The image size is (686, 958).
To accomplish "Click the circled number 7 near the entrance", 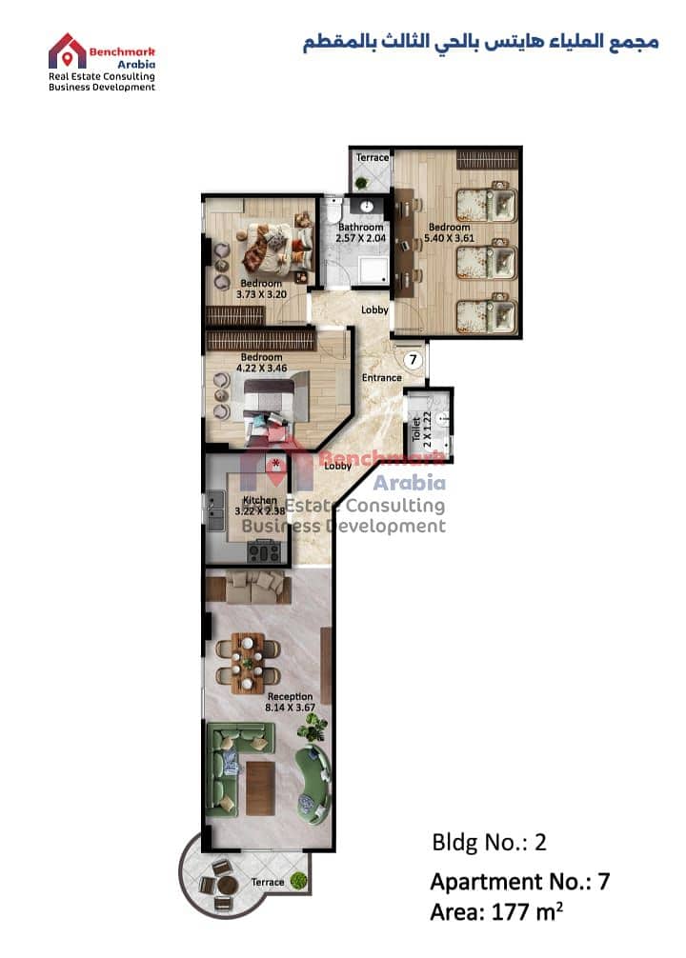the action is click(x=413, y=359).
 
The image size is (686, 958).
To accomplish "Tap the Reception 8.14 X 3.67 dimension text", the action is click(x=290, y=702).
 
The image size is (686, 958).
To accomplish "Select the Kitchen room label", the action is click(x=260, y=500).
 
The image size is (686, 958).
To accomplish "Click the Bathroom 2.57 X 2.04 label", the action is click(x=361, y=232).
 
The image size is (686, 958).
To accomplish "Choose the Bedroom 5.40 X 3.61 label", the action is click(x=450, y=232).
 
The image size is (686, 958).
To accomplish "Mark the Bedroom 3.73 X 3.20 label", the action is click(x=261, y=289).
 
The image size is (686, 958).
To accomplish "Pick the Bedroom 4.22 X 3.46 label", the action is click(x=262, y=362).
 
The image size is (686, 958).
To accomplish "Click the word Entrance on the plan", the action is click(x=381, y=377).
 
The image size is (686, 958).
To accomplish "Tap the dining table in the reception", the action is click(x=249, y=663).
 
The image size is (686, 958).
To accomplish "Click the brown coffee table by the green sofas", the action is click(x=260, y=788).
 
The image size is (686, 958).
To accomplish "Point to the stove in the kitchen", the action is click(x=264, y=551).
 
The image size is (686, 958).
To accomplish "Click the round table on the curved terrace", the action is click(x=227, y=885).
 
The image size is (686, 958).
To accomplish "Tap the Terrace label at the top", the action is click(x=373, y=158).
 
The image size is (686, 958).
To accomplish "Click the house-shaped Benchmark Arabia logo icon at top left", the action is click(x=67, y=50).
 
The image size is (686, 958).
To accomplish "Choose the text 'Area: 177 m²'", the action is click(x=496, y=911).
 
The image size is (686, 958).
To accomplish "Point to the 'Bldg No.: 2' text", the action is click(x=489, y=842).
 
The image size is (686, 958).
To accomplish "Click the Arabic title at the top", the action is click(x=481, y=43).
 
